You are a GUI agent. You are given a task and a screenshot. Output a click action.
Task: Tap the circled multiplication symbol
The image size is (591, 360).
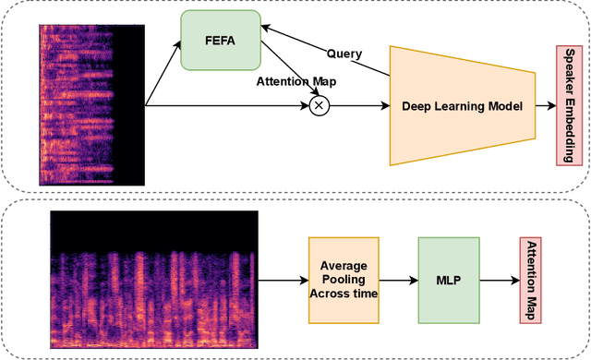click(319, 106)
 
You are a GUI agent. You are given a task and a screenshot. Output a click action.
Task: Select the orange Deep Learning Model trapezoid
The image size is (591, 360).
click(462, 106)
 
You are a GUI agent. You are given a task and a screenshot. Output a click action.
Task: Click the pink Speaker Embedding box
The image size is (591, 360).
click(567, 104)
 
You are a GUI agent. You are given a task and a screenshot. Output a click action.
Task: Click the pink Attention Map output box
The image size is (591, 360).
click(531, 279)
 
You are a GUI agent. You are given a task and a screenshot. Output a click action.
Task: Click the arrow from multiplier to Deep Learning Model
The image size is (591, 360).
click(360, 106)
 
